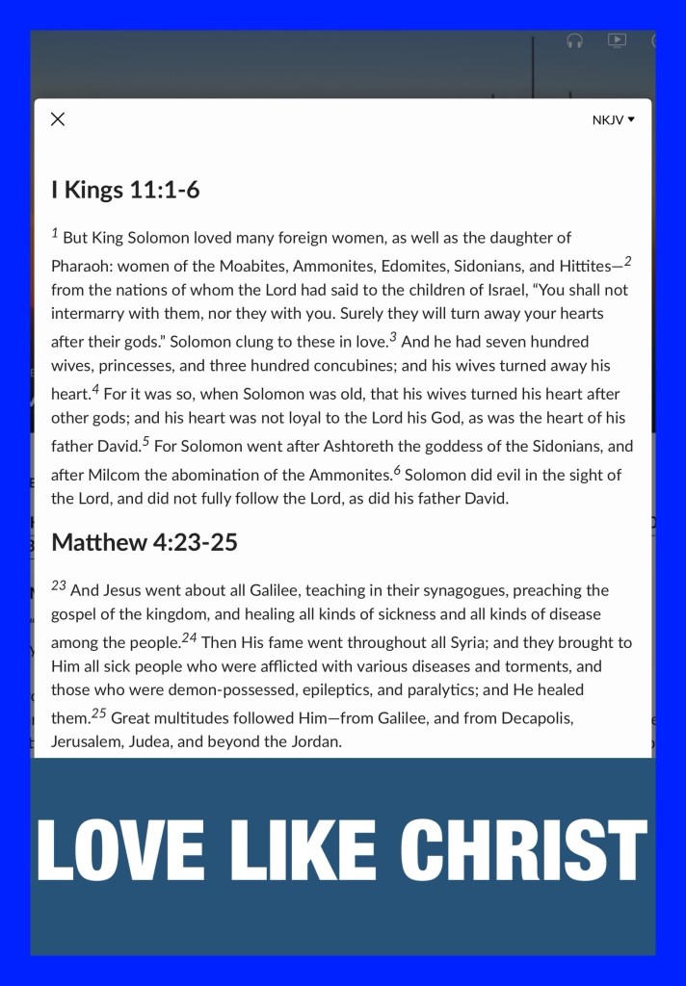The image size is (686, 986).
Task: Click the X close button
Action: pyautogui.click(x=58, y=119)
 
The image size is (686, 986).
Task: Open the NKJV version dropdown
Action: pyautogui.click(x=614, y=120)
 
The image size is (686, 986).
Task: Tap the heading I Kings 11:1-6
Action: pyautogui.click(x=125, y=190)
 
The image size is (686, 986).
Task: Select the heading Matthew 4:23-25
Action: pyautogui.click(x=145, y=542)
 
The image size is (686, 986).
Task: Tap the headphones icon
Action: pyautogui.click(x=575, y=40)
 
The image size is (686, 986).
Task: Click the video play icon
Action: pyautogui.click(x=617, y=40)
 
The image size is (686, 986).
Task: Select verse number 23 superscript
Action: pyautogui.click(x=59, y=585)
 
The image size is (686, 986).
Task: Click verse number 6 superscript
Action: pyautogui.click(x=397, y=469)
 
